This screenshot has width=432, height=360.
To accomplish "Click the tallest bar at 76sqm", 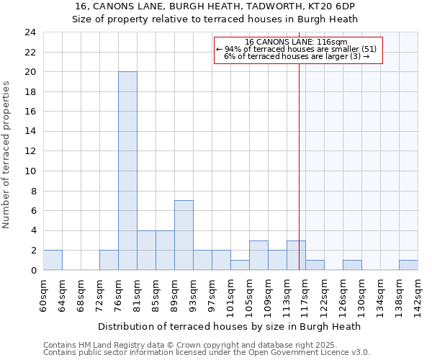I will pos(127,171).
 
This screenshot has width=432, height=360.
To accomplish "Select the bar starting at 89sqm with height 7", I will pos(184,235).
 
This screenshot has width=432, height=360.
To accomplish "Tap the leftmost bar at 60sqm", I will pos(53,261).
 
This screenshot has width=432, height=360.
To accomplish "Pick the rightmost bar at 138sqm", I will pos(408,265).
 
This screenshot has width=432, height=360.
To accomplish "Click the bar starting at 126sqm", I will pos(352,265).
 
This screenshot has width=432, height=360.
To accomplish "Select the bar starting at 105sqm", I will pos(258,256).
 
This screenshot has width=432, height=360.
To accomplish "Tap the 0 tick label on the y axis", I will pos(33,271).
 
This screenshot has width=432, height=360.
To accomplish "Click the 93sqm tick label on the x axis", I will pos(193,293).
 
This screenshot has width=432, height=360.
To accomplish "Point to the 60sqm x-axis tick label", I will pos(43,293).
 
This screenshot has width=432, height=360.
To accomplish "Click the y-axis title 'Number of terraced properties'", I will pos(6,154).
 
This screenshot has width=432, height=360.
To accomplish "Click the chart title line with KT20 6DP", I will pos(215,6).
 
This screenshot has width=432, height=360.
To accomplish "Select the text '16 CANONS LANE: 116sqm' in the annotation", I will pos(296,42).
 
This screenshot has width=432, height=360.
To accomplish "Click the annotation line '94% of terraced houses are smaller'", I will pos(296,49).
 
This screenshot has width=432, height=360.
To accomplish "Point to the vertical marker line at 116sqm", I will pos(299,166).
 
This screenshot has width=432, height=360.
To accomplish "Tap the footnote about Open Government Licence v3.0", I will pos(206,353).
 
